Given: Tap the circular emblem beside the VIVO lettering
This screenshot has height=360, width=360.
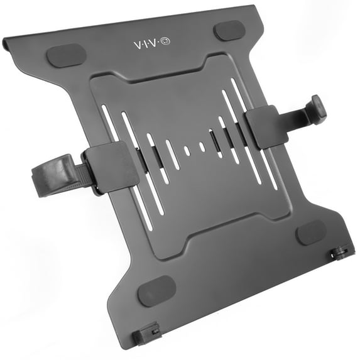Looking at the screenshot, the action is (x=166, y=41).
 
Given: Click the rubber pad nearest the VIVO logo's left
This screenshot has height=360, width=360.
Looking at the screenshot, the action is (x=67, y=56).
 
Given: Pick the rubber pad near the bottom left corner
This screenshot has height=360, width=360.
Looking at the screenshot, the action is (x=157, y=291).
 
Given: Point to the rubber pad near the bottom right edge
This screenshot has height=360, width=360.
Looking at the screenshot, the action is (x=311, y=233).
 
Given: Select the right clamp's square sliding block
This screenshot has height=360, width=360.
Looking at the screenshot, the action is (x=267, y=127).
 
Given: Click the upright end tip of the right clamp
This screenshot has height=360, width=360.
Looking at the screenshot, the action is (x=319, y=107).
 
